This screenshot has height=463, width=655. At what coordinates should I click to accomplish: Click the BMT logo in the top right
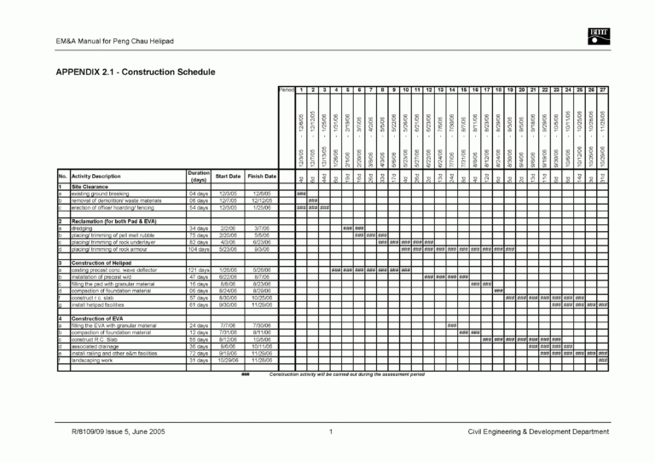[595, 35]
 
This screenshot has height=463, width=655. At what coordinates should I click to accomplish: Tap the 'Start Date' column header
[229, 177]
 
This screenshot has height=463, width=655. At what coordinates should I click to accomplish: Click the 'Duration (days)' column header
[198, 177]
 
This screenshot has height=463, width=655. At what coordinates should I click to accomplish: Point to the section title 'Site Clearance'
[89, 187]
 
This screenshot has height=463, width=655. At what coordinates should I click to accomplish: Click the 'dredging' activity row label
[83, 229]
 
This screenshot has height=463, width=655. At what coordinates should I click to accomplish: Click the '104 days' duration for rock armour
[198, 249]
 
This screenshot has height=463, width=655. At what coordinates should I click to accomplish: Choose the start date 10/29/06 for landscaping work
[229, 359]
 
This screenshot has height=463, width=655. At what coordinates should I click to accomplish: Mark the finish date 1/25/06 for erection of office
[262, 207]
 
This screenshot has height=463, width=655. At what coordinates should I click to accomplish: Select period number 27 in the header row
[602, 90]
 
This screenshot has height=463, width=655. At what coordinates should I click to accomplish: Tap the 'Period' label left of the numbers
[287, 90]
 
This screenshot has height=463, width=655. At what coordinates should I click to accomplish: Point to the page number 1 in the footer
[329, 431]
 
